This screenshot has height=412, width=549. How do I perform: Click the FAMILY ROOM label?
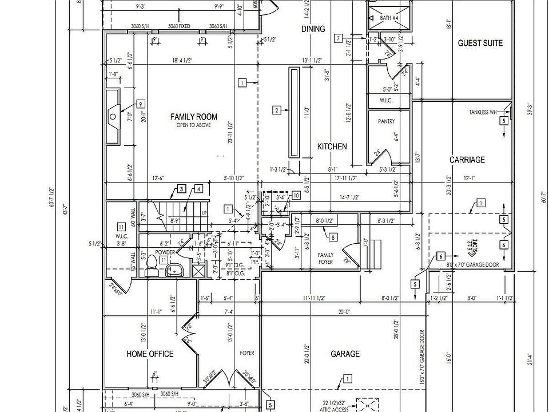(x=194, y=117)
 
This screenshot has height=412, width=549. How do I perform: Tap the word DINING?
(x=313, y=29)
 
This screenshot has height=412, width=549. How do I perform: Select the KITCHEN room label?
(x=332, y=146)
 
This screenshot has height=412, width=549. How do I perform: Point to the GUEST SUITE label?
(x=480, y=43)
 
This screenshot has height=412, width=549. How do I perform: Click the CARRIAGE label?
(x=467, y=160)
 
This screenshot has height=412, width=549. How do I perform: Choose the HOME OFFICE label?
(x=150, y=354)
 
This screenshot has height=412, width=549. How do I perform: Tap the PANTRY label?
(x=387, y=122)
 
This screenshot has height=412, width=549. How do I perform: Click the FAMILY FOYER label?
(x=325, y=259)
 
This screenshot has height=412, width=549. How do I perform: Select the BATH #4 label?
(x=389, y=18)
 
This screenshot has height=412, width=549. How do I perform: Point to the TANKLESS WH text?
(x=483, y=112)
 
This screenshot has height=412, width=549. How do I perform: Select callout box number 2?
(x=276, y=110)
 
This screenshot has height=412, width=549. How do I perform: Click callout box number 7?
(x=339, y=38)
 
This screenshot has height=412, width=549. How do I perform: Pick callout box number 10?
(x=296, y=195)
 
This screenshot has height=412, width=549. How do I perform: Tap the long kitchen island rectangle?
(x=295, y=112)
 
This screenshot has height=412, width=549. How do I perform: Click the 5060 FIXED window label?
(x=180, y=26)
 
